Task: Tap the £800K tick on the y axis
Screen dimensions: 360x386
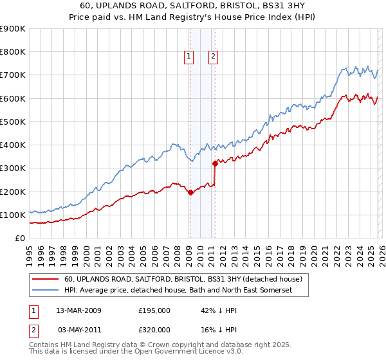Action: [x=13, y=52]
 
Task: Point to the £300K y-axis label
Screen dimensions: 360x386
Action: [x=13, y=168]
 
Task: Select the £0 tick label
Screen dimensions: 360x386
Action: [x=19, y=239]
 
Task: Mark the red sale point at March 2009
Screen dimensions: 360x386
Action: [x=190, y=192]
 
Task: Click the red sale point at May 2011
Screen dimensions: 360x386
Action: [x=215, y=163]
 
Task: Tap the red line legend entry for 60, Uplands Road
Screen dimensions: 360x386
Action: [x=187, y=279]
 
